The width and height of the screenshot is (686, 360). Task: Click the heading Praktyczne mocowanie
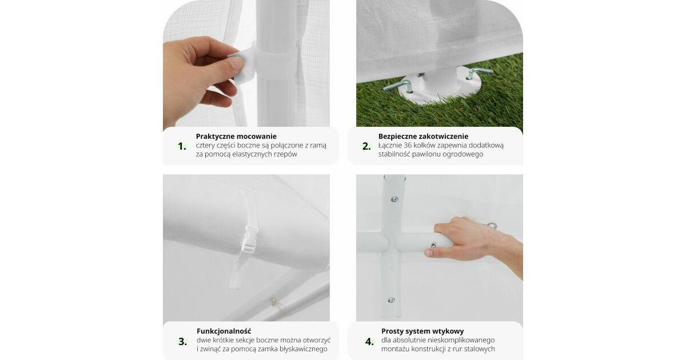236,137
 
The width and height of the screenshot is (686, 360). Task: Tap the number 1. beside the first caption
182,147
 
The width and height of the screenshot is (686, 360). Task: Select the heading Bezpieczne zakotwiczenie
423,137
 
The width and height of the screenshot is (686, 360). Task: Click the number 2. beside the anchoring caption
366,147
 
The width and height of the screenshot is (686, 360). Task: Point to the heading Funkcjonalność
224,331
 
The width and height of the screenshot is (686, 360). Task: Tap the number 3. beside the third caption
183,342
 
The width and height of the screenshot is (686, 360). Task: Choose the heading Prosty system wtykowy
422,331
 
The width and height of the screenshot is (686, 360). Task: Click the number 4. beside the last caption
370,342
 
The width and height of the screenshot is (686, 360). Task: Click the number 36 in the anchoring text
408,145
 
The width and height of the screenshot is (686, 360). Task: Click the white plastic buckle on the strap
250,239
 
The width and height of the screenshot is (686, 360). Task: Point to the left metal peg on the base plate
397,86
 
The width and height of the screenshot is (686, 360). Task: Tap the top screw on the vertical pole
395,199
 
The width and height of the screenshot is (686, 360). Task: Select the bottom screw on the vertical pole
391,300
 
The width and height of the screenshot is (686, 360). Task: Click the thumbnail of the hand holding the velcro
246,63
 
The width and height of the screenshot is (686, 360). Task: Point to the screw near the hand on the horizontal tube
434,245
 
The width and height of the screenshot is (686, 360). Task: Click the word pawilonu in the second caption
428,154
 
